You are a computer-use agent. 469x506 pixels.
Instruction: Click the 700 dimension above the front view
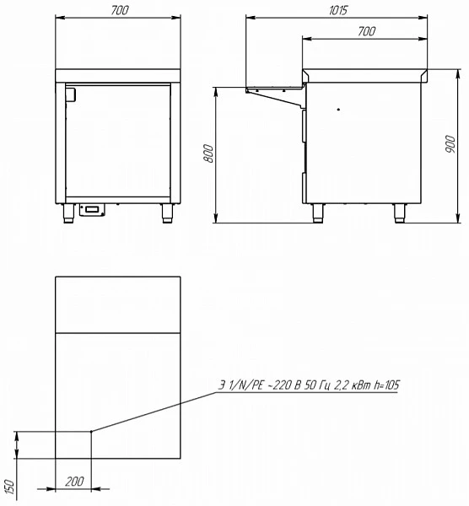tap(118, 9)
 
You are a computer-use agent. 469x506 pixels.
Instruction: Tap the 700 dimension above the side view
tap(365, 31)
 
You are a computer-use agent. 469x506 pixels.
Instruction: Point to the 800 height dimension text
tap(209, 154)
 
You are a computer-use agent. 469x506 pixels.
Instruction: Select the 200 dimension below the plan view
tap(73, 481)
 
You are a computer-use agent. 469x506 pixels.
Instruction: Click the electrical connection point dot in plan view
tap(91, 433)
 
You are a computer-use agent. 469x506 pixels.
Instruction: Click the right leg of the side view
tap(399, 213)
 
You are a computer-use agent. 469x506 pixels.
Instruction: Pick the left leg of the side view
tap(318, 213)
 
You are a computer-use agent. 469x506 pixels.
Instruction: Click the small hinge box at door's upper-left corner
tap(70, 95)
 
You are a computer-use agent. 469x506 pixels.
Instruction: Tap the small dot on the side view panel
tap(338, 110)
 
